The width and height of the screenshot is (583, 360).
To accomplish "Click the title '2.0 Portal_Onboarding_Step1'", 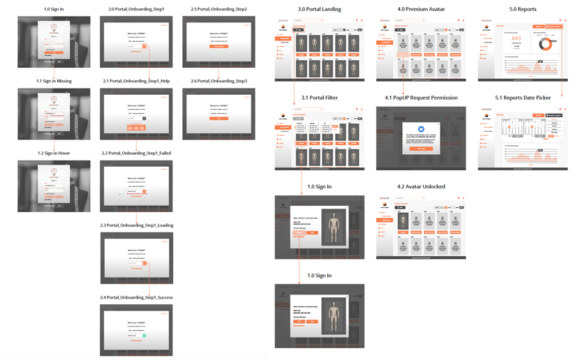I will (x=136, y=9).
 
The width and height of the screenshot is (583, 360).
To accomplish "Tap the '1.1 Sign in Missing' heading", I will (x=54, y=81).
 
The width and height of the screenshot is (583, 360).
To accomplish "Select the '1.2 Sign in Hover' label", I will (x=54, y=153).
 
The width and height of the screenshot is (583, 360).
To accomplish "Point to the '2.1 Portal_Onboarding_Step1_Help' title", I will (x=136, y=81).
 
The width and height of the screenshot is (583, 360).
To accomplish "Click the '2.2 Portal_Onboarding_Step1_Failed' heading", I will (x=136, y=153).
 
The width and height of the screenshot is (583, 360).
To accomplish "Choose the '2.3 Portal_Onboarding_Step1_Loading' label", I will (x=136, y=225).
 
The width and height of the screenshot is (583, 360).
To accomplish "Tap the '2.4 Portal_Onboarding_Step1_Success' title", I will (x=136, y=297).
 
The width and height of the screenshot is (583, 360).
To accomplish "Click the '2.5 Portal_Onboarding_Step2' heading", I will (x=219, y=9).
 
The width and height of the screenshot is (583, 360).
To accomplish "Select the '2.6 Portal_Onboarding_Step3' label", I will (x=219, y=81).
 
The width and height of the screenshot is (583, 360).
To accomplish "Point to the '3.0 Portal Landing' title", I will (x=319, y=9).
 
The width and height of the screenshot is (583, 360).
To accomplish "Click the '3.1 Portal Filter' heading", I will (x=319, y=98).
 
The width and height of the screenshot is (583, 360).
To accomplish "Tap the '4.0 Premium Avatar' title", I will (x=421, y=9).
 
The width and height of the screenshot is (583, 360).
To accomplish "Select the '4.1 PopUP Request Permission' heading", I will (x=421, y=98).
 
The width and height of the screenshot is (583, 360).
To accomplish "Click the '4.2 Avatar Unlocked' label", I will (x=421, y=186).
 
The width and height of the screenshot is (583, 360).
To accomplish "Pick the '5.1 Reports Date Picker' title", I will (x=522, y=98).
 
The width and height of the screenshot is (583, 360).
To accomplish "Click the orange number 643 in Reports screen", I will (x=516, y=39).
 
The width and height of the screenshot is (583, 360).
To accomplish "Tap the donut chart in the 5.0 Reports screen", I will (x=546, y=44).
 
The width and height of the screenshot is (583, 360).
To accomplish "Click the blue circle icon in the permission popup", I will (x=421, y=130).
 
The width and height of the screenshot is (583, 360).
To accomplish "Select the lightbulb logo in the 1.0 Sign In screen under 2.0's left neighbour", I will (x=54, y=28).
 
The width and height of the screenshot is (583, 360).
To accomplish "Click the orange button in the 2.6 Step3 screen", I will (x=219, y=119).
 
